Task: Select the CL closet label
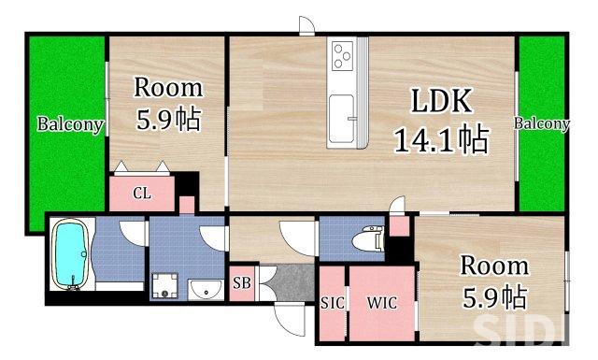point(142,194)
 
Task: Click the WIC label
point(381,304)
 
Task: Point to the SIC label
point(332,304)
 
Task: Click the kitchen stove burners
point(340,56)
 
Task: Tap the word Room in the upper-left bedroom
point(169,88)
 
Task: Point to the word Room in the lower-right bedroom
point(494,265)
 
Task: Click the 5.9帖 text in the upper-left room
point(169,121)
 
